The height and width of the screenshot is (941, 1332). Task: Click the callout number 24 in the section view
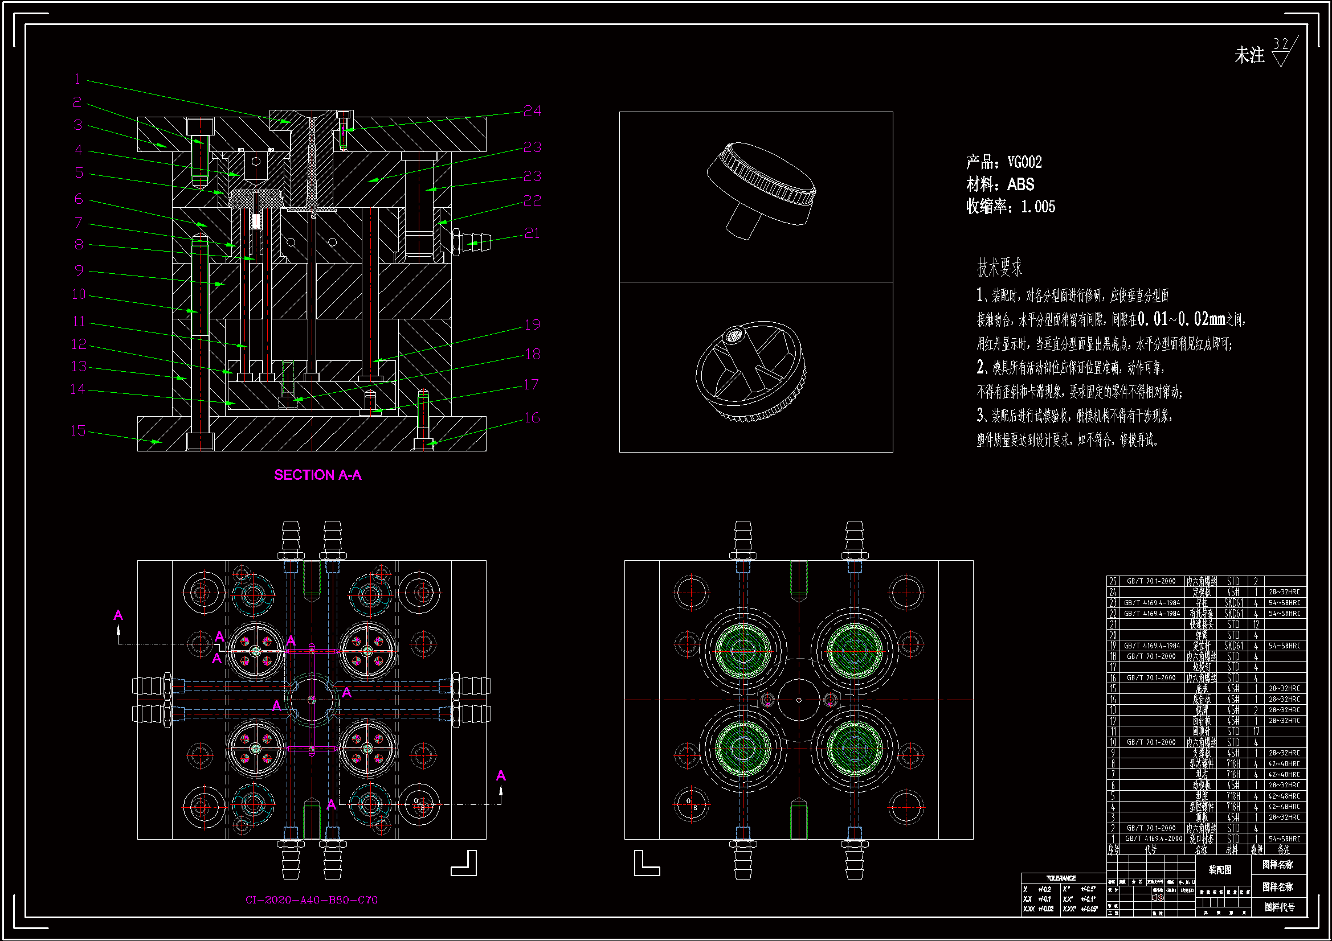tap(532, 111)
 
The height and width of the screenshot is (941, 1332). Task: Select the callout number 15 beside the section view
tap(78, 431)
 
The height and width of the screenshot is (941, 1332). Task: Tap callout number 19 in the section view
tap(532, 324)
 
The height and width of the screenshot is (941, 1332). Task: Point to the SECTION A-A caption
tap(317, 475)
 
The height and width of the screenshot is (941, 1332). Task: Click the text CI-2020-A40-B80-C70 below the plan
tap(312, 900)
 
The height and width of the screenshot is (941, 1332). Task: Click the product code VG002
tap(1024, 162)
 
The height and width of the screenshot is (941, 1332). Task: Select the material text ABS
tap(1020, 184)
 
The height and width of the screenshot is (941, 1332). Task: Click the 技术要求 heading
tap(999, 268)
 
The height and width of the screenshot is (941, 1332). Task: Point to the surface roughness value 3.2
tap(1280, 44)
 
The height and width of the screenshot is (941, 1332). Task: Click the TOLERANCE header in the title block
tap(1061, 878)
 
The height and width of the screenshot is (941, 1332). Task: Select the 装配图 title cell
tap(1220, 870)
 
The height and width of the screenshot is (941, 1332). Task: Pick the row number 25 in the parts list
tap(1113, 581)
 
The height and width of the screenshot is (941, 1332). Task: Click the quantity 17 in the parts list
tap(1256, 732)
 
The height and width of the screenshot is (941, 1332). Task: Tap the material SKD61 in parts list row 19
tap(1233, 646)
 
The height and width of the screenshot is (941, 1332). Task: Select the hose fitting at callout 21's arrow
tap(473, 241)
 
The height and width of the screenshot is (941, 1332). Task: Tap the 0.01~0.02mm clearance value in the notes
tap(1181, 319)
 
